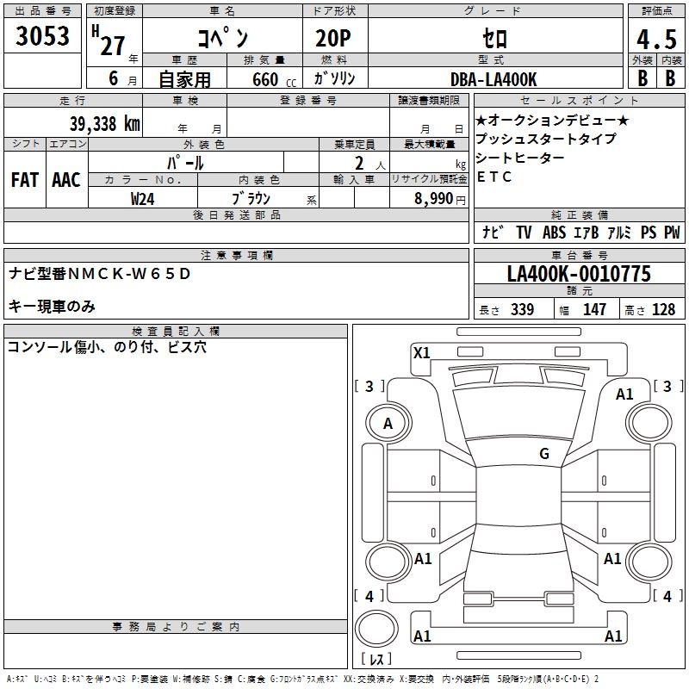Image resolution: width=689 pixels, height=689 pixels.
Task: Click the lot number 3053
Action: [42, 36]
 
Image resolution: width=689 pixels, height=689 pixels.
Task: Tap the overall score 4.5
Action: [656, 40]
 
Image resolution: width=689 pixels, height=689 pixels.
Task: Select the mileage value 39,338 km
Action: [104, 124]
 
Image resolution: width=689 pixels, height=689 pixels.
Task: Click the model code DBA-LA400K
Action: [493, 79]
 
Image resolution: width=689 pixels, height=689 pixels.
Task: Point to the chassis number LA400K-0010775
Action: [579, 273]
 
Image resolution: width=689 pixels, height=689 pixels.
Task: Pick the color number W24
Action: [142, 199]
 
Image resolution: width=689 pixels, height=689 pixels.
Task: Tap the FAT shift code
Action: [25, 180]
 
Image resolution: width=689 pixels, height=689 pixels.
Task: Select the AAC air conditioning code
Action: [66, 180]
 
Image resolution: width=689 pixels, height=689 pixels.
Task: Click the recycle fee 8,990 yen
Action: [440, 199]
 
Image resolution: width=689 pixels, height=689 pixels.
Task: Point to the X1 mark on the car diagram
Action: [421, 353]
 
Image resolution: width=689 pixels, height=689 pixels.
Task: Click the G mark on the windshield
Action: [544, 453]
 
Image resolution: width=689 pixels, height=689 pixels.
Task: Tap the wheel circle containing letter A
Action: [388, 405]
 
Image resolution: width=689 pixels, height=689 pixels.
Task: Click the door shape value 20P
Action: [333, 39]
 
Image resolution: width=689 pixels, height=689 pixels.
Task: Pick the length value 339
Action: [522, 309]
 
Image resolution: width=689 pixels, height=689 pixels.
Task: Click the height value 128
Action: [663, 309]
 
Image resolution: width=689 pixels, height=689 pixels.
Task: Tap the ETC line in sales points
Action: [494, 177]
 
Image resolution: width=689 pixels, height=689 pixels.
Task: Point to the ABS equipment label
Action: [554, 232]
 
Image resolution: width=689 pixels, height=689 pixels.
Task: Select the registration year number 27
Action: [113, 47]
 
